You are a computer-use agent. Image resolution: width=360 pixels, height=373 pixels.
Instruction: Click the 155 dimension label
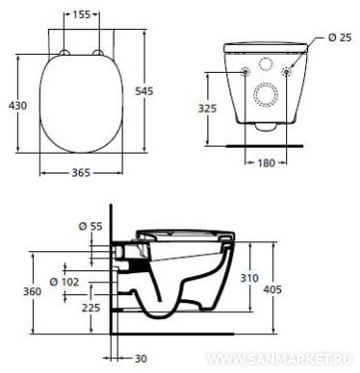click(x=81, y=14)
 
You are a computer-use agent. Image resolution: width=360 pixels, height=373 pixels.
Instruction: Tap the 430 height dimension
click(x=17, y=106)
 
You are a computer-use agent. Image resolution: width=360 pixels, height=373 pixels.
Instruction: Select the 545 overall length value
click(x=144, y=91)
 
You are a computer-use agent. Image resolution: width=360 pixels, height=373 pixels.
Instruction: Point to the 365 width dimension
click(x=81, y=173)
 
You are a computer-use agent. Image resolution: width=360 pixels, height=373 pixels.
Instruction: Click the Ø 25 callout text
click(x=340, y=37)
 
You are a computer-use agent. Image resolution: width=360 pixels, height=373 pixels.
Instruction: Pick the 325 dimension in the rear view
click(x=207, y=109)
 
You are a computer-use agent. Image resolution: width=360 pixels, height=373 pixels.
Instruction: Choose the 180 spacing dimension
click(x=266, y=163)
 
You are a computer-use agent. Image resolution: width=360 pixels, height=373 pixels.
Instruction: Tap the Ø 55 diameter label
click(x=91, y=226)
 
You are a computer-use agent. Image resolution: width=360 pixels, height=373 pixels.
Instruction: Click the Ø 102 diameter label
click(x=65, y=282)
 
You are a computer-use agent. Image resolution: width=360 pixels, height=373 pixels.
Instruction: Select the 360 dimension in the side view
click(x=32, y=291)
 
